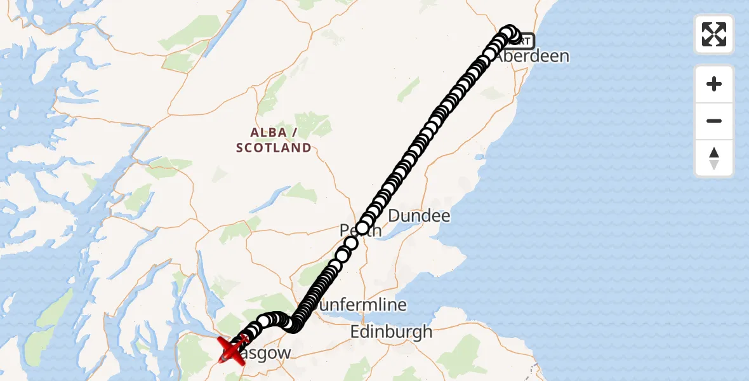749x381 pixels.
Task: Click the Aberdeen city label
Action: (532, 56)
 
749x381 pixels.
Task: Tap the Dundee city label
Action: (419, 216)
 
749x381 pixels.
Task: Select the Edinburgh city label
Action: (391, 331)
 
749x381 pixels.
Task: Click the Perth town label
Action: (361, 230)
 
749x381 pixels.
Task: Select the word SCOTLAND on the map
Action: (274, 148)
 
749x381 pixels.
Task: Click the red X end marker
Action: (232, 350)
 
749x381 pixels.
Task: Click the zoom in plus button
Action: (714, 84)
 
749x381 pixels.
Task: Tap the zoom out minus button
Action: (714, 121)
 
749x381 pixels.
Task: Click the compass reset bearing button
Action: (714, 158)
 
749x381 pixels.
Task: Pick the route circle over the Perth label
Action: (363, 228)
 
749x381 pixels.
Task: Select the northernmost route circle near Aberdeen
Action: (508, 32)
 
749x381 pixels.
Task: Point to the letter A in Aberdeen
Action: (501, 56)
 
